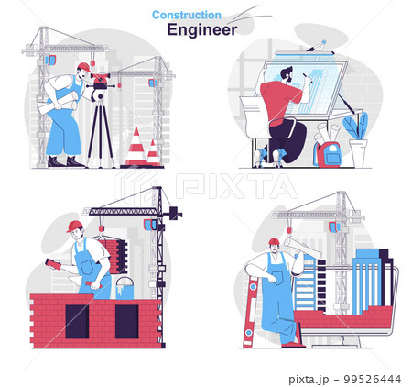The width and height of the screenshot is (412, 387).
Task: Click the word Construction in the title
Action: click(x=187, y=15)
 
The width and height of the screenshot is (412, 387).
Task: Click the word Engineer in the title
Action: click(x=201, y=29)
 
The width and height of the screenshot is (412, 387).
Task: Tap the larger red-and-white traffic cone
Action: click(x=136, y=148)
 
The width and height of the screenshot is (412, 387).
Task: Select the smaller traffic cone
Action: click(x=154, y=153)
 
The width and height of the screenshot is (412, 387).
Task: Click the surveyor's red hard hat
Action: click(x=84, y=67)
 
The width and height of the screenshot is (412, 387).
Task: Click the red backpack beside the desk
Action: click(x=328, y=154)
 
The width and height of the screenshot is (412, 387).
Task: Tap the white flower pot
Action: click(x=359, y=153)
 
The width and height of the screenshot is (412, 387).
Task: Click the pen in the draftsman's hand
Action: click(x=308, y=78)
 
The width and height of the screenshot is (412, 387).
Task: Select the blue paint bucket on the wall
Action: click(x=125, y=289)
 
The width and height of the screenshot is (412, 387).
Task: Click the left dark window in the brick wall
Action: click(x=77, y=322)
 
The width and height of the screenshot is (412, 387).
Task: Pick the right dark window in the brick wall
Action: click(x=126, y=322)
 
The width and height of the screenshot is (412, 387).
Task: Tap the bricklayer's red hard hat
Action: click(x=74, y=227)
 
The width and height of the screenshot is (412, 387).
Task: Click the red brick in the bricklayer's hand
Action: click(x=53, y=264)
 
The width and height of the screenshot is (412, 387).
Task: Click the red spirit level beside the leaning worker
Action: click(x=250, y=311)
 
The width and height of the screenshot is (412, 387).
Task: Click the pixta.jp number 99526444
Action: click(x=372, y=380)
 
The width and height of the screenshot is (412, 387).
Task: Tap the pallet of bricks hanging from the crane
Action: click(x=114, y=256)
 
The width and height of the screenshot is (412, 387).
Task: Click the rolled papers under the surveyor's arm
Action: click(x=57, y=104)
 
